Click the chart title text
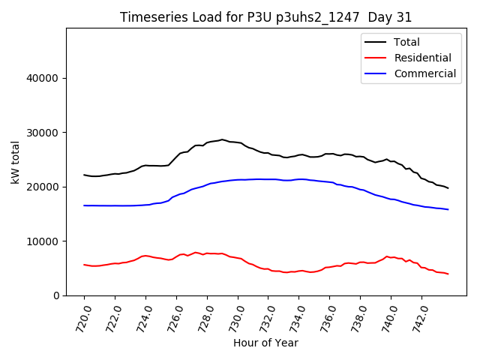tap(265, 17)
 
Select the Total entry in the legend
tap(406, 42)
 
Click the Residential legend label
tap(422, 58)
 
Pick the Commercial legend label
tap(424, 73)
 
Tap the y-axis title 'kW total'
tap(16, 162)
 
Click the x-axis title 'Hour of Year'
tap(265, 343)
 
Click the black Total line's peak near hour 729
tap(222, 139)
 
